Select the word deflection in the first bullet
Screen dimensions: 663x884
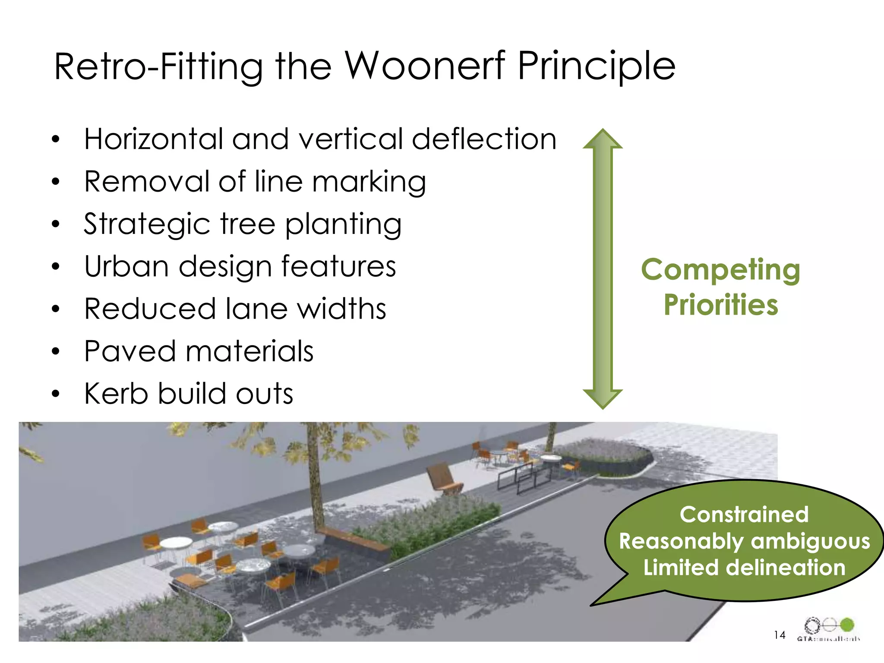(x=484, y=139)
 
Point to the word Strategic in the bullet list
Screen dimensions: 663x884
(x=147, y=224)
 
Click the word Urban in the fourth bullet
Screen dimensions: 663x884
(x=126, y=266)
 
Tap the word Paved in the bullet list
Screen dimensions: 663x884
(x=129, y=351)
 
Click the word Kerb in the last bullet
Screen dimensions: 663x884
(x=116, y=393)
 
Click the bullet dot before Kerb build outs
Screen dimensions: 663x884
(x=55, y=394)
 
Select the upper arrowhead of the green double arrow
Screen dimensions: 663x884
(x=603, y=139)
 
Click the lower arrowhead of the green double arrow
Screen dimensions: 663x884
(x=603, y=398)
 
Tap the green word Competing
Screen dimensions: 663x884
(x=720, y=270)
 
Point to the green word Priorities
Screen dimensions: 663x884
(x=720, y=305)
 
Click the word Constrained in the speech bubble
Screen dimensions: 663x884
(x=744, y=515)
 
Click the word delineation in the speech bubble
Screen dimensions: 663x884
(x=785, y=568)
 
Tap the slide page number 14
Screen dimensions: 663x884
(x=779, y=635)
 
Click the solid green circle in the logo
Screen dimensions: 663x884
(x=847, y=624)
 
